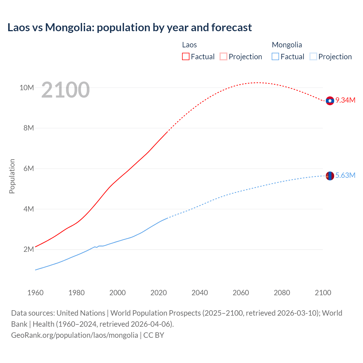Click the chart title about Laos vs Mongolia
pyautogui.click(x=130, y=28)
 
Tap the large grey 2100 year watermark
pyautogui.click(x=66, y=90)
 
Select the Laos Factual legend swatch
pyautogui.click(x=186, y=56)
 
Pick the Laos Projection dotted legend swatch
pyautogui.click(x=223, y=56)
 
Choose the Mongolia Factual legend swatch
pyautogui.click(x=275, y=56)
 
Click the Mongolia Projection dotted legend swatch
pyautogui.click(x=313, y=56)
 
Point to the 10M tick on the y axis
pyautogui.click(x=27, y=88)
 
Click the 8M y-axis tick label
pyautogui.click(x=29, y=128)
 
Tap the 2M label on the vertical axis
pyautogui.click(x=29, y=249)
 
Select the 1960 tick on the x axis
pyautogui.click(x=35, y=293)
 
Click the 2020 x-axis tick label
pyautogui.click(x=159, y=293)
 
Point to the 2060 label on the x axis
pyautogui.click(x=241, y=293)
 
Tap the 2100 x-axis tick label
pyautogui.click(x=323, y=293)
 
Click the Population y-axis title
pyautogui.click(x=12, y=176)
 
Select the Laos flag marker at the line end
pyautogui.click(x=330, y=101)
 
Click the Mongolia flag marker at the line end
pyautogui.click(x=330, y=176)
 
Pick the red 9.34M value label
pyautogui.click(x=345, y=100)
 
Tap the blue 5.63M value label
pyautogui.click(x=345, y=175)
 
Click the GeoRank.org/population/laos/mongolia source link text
pyautogui.click(x=75, y=335)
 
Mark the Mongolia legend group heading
pyautogui.click(x=287, y=45)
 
